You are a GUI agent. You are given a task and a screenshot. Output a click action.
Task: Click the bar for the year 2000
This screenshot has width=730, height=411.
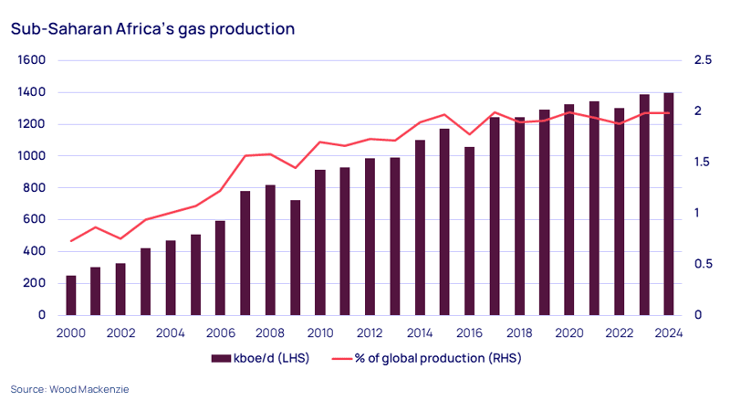[71, 295]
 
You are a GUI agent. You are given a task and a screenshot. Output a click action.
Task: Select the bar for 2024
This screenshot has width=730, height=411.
[669, 204]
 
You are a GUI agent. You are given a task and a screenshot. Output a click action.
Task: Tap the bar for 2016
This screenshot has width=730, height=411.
[469, 231]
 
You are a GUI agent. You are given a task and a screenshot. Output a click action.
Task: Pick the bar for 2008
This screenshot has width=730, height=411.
[270, 250]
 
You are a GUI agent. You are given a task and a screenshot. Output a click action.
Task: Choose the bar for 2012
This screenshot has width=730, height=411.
[370, 237]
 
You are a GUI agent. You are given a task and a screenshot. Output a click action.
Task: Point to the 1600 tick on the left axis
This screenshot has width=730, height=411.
[32, 60]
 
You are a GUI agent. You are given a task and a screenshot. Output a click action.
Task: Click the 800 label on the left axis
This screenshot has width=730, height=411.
[35, 187]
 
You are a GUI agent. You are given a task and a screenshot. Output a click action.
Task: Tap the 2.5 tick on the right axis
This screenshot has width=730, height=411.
[703, 59]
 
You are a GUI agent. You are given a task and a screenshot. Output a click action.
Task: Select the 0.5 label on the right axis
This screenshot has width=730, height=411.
[703, 264]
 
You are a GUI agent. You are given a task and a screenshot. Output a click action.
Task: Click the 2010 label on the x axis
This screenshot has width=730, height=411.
[320, 333]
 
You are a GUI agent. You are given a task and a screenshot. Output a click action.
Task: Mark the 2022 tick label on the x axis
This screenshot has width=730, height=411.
[619, 333]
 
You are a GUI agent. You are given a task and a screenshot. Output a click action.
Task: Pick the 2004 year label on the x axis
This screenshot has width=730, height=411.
[171, 333]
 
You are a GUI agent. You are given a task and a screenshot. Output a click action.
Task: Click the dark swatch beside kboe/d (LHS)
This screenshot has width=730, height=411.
[221, 358]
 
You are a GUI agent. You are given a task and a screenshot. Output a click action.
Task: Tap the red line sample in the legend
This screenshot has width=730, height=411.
[341, 359]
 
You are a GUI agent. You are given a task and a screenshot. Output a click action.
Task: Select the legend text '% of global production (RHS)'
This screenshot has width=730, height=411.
[438, 358]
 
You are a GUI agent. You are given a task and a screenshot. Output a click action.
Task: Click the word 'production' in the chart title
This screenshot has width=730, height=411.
[252, 29]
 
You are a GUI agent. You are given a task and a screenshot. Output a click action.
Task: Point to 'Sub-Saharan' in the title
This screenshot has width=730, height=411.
[61, 29]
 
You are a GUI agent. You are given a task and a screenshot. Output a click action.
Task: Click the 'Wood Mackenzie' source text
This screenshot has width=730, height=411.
[89, 389]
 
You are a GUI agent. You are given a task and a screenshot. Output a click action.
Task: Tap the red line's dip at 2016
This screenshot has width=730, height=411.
[469, 134]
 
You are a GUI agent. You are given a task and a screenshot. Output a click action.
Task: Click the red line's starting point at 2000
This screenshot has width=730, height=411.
[71, 241]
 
